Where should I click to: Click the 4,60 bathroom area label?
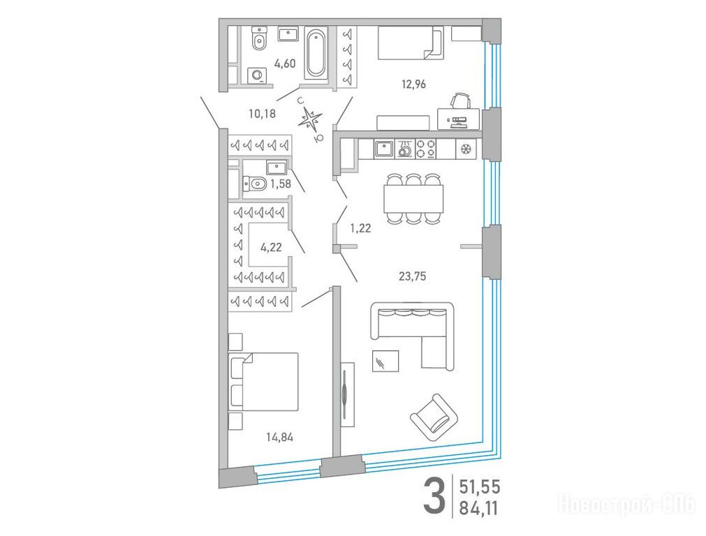[285, 64]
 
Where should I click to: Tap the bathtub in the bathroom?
[316, 52]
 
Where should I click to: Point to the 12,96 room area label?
[413, 84]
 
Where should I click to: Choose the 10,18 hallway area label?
[262, 113]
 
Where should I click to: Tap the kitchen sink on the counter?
[384, 148]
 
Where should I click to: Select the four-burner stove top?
[425, 149]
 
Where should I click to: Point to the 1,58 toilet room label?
[280, 184]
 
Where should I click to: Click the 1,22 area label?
[360, 229]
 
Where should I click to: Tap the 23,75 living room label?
[413, 276]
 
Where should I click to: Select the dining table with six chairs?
[414, 198]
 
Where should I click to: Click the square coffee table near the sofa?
[385, 361]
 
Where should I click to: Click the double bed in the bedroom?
[264, 381]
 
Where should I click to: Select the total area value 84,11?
[480, 508]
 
